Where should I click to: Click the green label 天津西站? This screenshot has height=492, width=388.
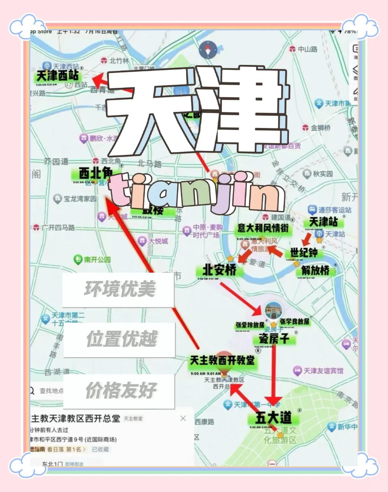click(x=58, y=76)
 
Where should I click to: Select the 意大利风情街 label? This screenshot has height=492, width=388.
click(x=263, y=228)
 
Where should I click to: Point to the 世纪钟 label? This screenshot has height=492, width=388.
click(x=304, y=252)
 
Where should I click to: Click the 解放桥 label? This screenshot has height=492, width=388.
click(x=315, y=270)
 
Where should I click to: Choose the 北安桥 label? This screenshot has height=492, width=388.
click(x=219, y=270)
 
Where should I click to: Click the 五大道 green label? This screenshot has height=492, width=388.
click(x=273, y=418)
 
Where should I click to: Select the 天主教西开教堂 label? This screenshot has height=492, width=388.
click(x=222, y=360)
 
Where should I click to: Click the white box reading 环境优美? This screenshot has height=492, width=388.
click(x=119, y=289)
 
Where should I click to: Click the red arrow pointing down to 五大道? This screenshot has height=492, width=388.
click(x=273, y=375)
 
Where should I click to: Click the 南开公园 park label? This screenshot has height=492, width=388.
click(x=93, y=260)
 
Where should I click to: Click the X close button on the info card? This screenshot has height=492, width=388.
click(x=183, y=418)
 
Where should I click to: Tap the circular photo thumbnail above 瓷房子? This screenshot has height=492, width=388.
click(x=273, y=310)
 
